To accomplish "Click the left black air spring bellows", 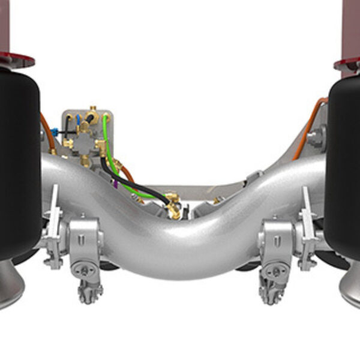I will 18,162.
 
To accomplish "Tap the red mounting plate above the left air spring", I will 16,61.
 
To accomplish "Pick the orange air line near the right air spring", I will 310,123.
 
